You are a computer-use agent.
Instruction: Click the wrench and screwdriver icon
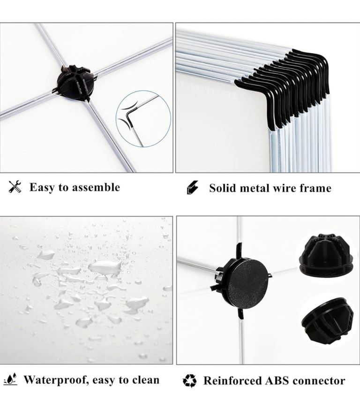point(15,187)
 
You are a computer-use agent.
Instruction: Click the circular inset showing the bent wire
point(143,119)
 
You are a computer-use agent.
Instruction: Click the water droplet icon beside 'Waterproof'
point(11,379)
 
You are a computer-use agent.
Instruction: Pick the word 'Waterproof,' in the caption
point(56,380)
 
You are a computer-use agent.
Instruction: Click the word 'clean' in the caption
point(146,380)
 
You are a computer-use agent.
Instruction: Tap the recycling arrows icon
point(189,380)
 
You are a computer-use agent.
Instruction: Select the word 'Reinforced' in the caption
point(232,380)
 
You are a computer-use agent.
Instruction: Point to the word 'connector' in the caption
point(319,380)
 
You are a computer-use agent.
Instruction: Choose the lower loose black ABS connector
point(328,319)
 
